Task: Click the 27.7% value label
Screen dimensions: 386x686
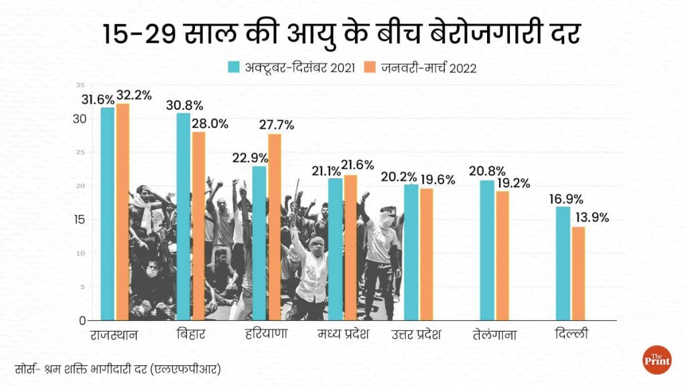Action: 276,125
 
